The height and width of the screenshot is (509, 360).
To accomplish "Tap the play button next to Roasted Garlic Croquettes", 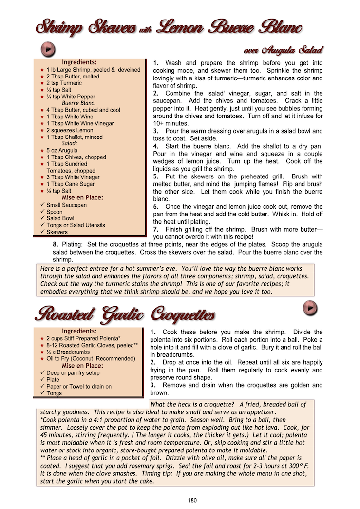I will (x=310, y=308).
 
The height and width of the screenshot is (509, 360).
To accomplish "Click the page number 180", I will (x=193, y=500).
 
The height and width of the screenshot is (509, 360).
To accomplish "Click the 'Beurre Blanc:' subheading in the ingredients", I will (x=78, y=103).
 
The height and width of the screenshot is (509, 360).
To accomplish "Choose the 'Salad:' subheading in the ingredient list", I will (x=70, y=144).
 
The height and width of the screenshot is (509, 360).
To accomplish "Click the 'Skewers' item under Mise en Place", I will (x=57, y=232).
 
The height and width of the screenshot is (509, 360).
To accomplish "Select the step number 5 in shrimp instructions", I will (x=155, y=176).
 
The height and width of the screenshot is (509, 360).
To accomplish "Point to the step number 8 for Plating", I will (x=55, y=245).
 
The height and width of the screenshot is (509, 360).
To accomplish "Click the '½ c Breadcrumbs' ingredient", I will (x=68, y=352).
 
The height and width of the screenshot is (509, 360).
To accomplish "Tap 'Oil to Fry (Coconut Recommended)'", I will (x=91, y=358).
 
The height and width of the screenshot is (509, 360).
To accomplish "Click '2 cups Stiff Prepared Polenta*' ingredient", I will (x=83, y=338).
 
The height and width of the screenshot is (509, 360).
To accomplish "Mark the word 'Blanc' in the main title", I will (x=278, y=27).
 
